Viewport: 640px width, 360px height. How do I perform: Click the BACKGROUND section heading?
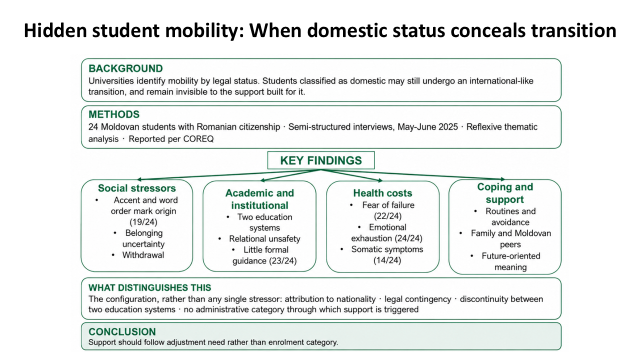125,68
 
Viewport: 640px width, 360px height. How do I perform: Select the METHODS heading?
114,114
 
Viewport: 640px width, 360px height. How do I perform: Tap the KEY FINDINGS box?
321,160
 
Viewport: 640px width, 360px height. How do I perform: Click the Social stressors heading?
137,188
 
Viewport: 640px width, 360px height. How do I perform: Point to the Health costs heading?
382,193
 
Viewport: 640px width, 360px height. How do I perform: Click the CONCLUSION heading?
122,331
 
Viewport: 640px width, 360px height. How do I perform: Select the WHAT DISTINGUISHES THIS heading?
149,287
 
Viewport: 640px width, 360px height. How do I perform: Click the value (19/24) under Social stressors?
143,222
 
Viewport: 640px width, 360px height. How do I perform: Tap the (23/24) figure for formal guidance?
282,261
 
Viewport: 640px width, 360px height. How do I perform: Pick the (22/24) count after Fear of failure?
387,216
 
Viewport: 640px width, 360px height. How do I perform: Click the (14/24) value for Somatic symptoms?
387,260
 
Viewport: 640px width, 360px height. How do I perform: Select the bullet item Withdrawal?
143,255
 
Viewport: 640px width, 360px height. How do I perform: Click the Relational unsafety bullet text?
264,239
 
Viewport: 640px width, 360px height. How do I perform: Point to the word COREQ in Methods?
198,139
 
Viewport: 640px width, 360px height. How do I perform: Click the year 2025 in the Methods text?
447,127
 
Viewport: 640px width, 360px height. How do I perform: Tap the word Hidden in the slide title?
55,30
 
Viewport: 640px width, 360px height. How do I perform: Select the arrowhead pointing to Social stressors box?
139,179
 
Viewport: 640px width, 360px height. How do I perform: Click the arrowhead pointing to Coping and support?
503,179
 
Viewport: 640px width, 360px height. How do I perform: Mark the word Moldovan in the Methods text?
120,127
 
